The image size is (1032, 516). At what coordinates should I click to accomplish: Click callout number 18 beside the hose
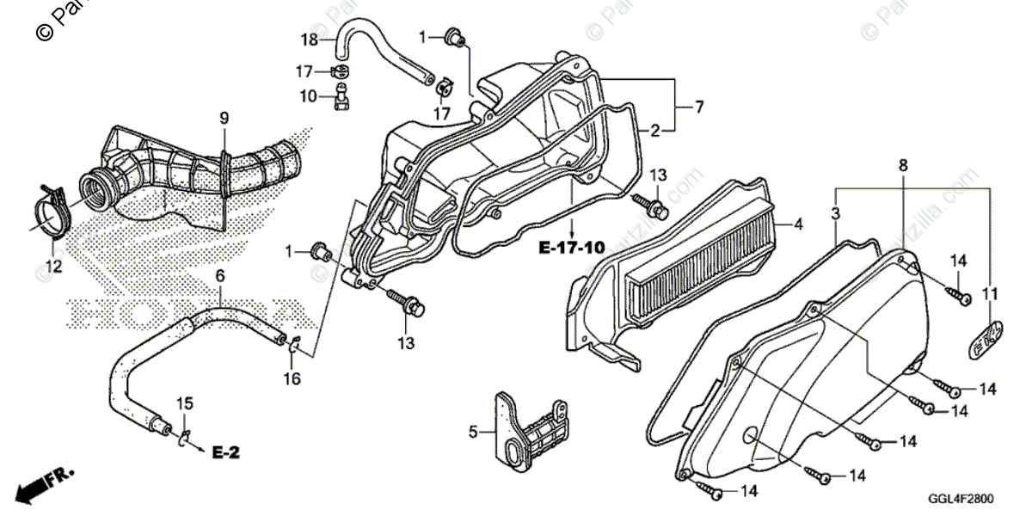click(x=309, y=39)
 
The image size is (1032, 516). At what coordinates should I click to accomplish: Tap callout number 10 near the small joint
click(x=309, y=96)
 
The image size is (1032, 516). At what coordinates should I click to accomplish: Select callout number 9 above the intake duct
click(x=224, y=117)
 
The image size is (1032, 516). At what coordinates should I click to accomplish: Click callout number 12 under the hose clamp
click(x=54, y=267)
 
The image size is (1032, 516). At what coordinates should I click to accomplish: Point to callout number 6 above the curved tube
click(x=220, y=276)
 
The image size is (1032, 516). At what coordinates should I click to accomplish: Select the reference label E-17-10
click(x=570, y=249)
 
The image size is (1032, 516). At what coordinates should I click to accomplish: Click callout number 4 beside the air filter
click(x=798, y=225)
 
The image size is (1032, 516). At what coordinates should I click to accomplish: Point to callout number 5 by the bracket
click(x=472, y=433)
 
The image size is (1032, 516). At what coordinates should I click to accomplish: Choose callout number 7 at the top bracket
click(x=699, y=107)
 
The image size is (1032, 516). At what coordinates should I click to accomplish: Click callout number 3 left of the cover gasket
click(x=836, y=212)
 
